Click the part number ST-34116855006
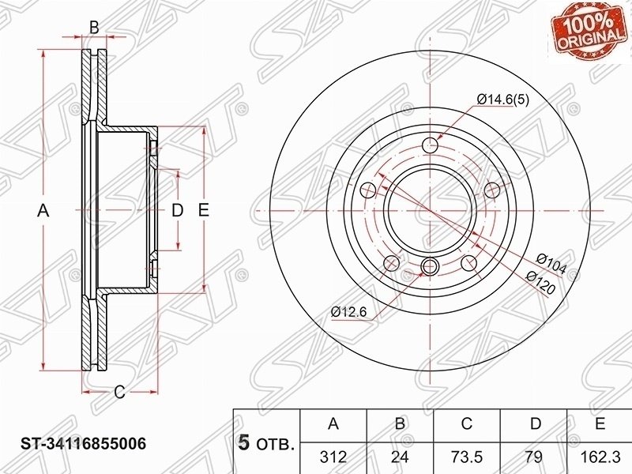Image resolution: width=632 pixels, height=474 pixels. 84,444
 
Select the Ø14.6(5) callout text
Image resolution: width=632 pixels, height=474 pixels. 502,100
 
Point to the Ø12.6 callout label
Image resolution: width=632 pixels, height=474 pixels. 348,312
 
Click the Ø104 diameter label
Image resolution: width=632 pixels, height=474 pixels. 551,265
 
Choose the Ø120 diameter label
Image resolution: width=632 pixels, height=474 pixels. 541,281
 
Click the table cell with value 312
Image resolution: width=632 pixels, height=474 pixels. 333,457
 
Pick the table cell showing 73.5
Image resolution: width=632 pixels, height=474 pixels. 466,457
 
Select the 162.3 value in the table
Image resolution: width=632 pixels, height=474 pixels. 600,457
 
